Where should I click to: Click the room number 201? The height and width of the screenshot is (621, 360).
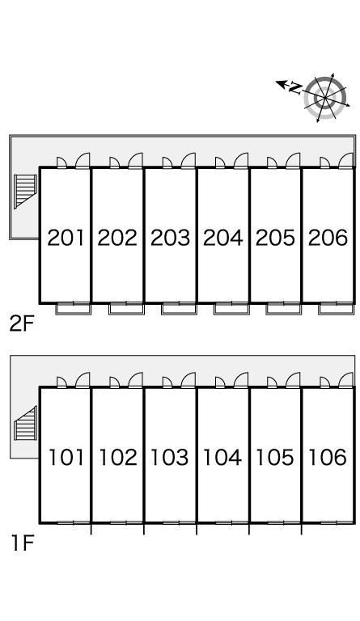pos(66,238)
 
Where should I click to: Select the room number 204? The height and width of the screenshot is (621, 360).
pos(222,238)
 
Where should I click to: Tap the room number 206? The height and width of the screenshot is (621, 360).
pos(328,238)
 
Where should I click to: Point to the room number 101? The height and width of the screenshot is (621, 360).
pos(66,457)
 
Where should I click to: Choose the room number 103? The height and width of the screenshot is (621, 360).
pos(170,457)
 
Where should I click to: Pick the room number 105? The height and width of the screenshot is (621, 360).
pos(275,457)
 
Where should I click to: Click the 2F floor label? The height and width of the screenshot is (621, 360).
pos(22,324)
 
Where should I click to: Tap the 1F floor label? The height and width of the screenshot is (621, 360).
pos(22,543)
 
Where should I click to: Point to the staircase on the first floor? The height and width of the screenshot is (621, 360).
pos(25,423)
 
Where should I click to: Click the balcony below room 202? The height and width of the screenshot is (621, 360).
pos(126,310)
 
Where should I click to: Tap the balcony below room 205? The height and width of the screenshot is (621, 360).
pos(284,310)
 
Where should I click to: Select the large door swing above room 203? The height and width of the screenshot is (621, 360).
pos(188,160)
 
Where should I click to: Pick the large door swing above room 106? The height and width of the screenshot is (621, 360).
pos(345,380)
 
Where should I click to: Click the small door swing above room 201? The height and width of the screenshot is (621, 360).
pos(61,163)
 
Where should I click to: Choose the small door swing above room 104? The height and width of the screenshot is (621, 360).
pos(220,382)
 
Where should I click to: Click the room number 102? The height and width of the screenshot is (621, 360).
pos(117,457)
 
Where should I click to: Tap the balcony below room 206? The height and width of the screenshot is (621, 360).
pos(337,310)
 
